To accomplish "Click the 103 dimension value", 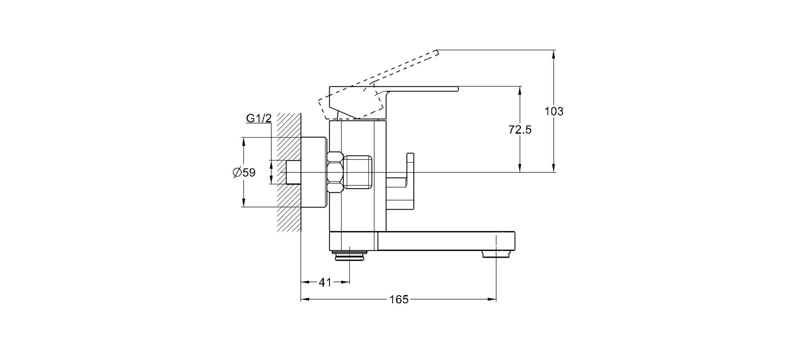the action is pyautogui.click(x=554, y=111).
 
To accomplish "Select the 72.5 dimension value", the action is pyautogui.click(x=520, y=130).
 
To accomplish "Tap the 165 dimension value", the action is pyautogui.click(x=399, y=299).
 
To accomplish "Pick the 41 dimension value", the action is pyautogui.click(x=325, y=282).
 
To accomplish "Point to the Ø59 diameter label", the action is pyautogui.click(x=244, y=173).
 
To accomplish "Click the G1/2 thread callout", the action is pyautogui.click(x=259, y=118).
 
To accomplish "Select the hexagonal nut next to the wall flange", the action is pyautogui.click(x=335, y=172).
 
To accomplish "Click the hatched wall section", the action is pyautogui.click(x=289, y=172).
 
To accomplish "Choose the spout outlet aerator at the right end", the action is pyautogui.click(x=496, y=255).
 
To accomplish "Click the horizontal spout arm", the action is pyautogui.click(x=446, y=241).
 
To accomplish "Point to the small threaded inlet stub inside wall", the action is pyautogui.click(x=293, y=172).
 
